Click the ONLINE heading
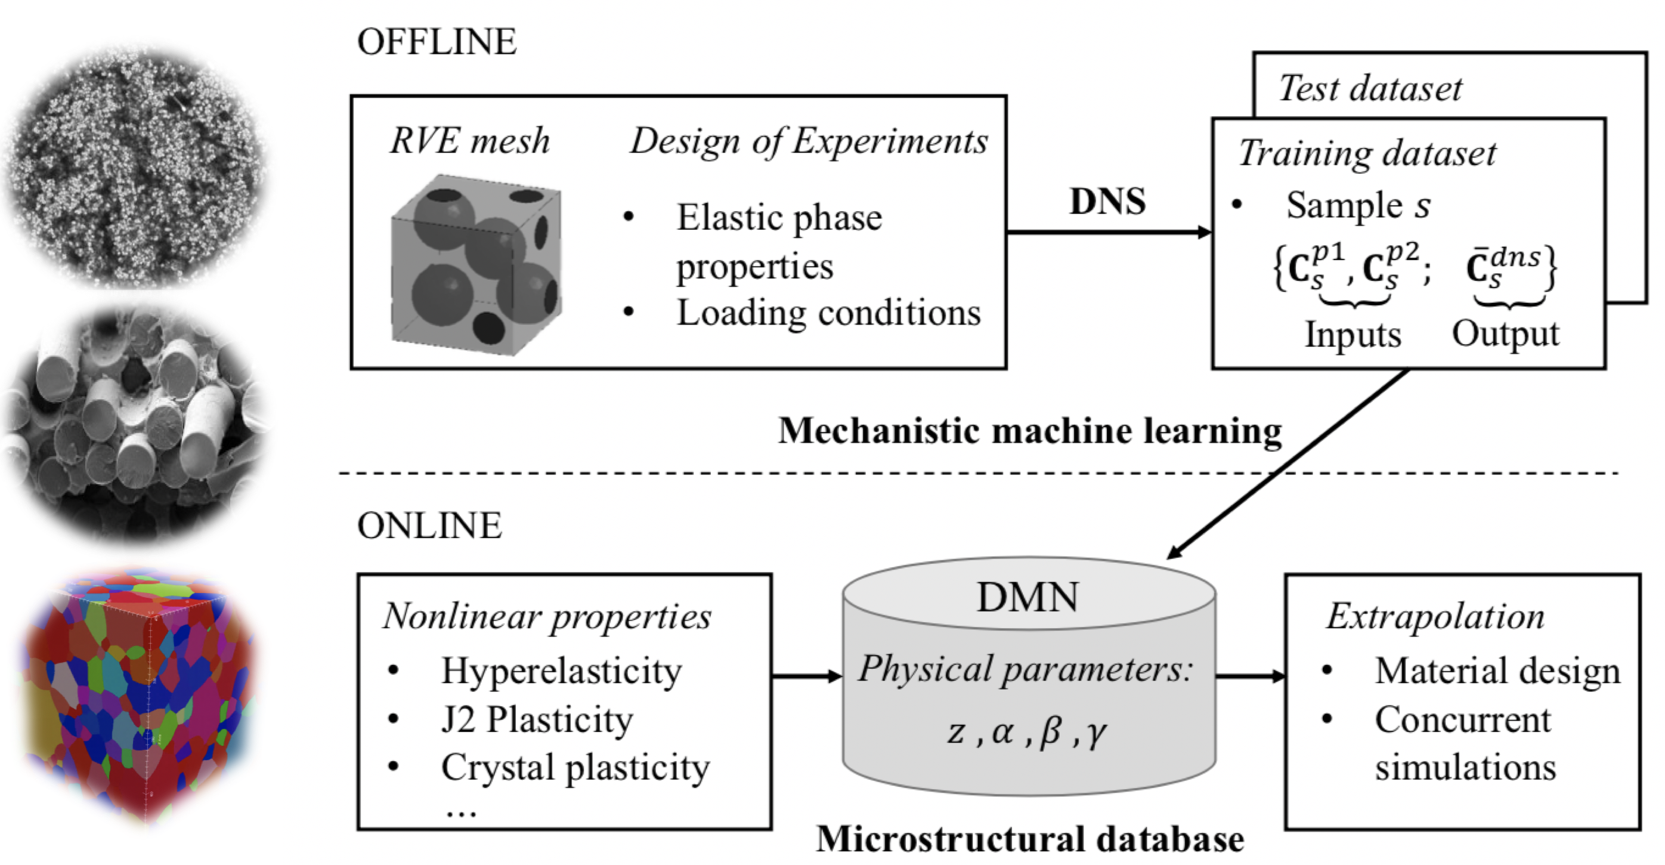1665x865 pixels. tap(429, 525)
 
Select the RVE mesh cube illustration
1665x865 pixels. tap(476, 265)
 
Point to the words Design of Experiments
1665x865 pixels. tap(809, 140)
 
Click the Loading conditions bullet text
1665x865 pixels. tap(828, 313)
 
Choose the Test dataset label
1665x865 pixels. tap(1370, 88)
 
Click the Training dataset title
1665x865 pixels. tap(1366, 153)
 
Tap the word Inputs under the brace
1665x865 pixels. tap(1353, 335)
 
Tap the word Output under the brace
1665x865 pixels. tap(1505, 333)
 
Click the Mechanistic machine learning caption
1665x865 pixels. tap(1030, 431)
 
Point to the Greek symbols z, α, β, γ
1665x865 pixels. tap(1027, 733)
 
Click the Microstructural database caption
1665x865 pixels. tap(1030, 839)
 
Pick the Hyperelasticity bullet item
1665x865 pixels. tap(561, 671)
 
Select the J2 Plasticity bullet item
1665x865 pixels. tap(537, 719)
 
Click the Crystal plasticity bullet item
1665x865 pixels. tap(575, 767)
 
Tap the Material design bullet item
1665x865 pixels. tap(1497, 671)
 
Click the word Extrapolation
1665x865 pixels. tap(1435, 616)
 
